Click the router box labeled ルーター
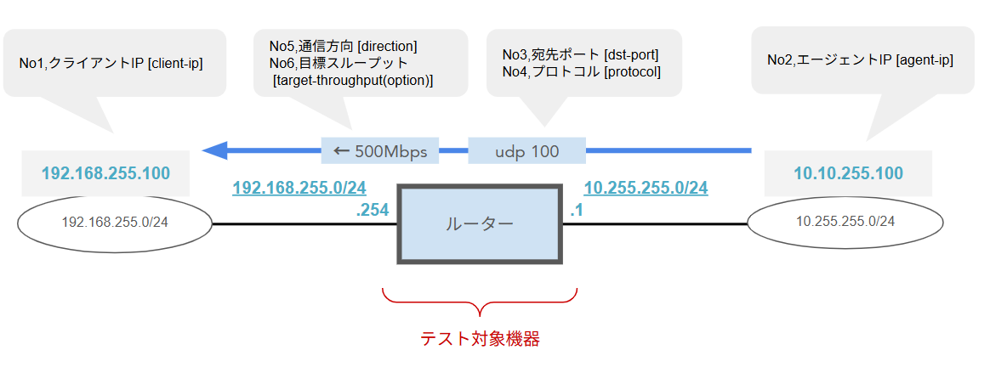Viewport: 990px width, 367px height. [480, 223]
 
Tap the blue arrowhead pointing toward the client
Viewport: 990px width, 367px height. [214, 151]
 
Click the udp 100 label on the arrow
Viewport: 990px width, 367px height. [527, 152]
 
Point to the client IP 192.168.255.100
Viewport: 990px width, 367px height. [106, 173]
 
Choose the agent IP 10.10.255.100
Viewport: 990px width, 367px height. [848, 173]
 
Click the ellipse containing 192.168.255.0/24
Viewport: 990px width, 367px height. [115, 223]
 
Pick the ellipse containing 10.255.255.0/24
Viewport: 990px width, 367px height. [845, 222]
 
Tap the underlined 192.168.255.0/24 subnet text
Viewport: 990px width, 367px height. [299, 187]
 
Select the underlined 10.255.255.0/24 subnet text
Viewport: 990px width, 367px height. [646, 187]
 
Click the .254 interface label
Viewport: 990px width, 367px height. [373, 208]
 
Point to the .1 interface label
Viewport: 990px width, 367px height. [576, 208]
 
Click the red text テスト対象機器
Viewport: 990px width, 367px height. [481, 338]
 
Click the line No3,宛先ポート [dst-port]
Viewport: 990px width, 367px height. [581, 55]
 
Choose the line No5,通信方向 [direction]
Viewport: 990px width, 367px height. [344, 46]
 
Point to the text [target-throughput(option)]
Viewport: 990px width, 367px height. [353, 80]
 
